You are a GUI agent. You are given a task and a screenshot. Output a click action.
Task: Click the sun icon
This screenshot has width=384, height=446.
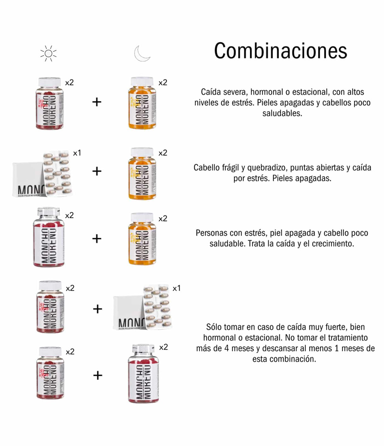(48, 53)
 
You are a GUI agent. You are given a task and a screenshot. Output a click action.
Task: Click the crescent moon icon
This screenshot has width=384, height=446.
(142, 53)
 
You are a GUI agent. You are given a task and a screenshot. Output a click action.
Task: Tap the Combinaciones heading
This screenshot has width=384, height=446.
(280, 51)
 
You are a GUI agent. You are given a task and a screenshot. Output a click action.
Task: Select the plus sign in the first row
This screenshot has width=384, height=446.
(97, 102)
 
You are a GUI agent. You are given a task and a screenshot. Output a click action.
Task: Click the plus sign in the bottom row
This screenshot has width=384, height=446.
(98, 375)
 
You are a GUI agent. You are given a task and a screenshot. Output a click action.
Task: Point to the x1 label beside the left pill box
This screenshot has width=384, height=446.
(77, 153)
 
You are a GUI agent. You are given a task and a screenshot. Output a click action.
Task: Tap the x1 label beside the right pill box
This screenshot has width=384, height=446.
(177, 288)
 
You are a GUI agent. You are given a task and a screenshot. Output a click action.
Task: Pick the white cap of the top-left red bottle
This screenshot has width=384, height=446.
(49, 82)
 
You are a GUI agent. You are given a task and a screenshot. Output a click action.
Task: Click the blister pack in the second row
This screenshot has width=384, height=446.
(56, 173)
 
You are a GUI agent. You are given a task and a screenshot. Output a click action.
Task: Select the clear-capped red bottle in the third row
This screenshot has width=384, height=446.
(49, 237)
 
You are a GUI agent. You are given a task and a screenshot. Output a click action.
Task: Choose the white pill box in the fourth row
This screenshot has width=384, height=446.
(128, 313)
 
